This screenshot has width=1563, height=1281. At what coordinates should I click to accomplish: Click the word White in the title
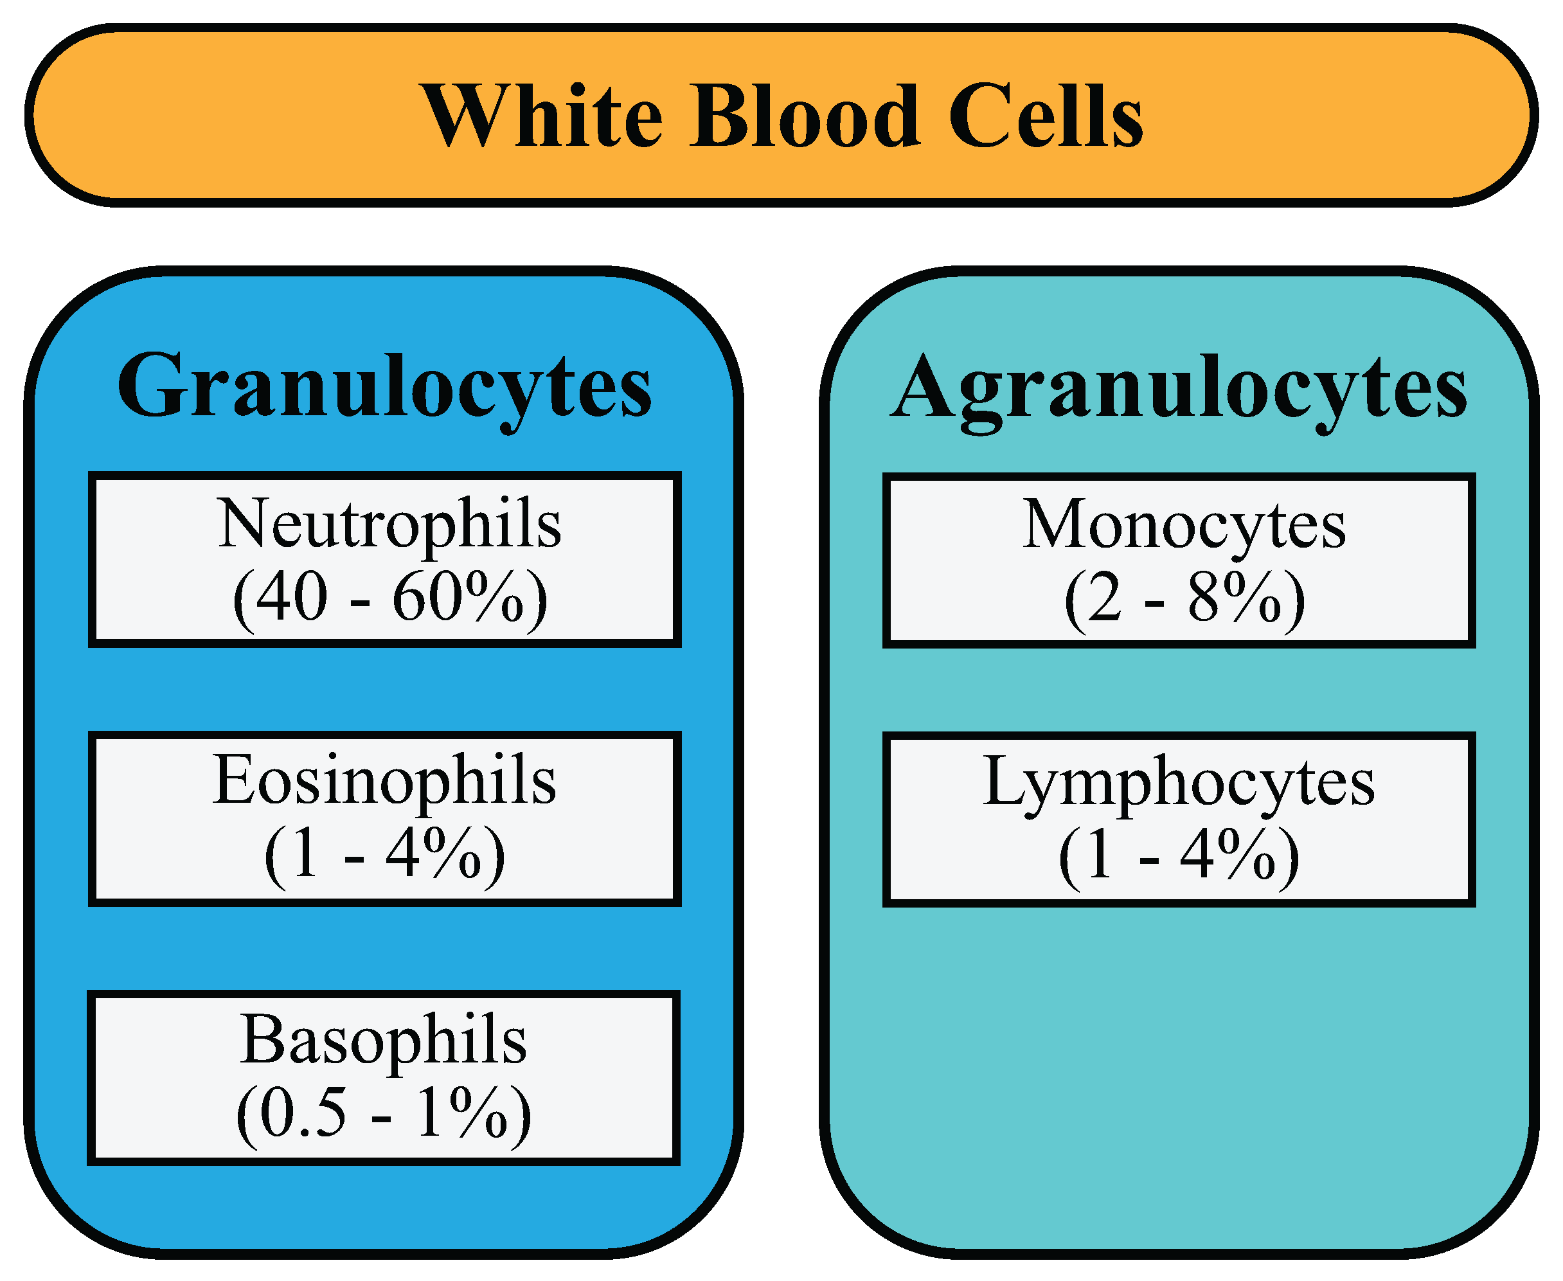542,116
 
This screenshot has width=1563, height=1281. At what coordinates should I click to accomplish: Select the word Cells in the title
1045,116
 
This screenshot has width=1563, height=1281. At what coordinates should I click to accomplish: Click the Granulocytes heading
384,388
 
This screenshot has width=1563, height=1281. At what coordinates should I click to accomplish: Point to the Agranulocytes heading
1179,388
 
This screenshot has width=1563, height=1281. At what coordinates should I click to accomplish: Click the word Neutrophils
389,524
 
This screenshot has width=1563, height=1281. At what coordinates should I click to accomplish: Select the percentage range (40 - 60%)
389,598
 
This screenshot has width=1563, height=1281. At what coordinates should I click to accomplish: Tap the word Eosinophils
384,780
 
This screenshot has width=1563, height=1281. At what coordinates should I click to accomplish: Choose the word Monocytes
1184,525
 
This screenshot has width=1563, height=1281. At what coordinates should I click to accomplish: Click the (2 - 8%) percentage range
1184,598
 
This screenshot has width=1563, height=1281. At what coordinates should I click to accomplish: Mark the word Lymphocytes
1179,782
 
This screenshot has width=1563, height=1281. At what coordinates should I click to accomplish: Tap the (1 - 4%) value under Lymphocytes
1179,855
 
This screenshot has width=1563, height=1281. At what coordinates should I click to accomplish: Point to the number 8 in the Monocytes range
1203,598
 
